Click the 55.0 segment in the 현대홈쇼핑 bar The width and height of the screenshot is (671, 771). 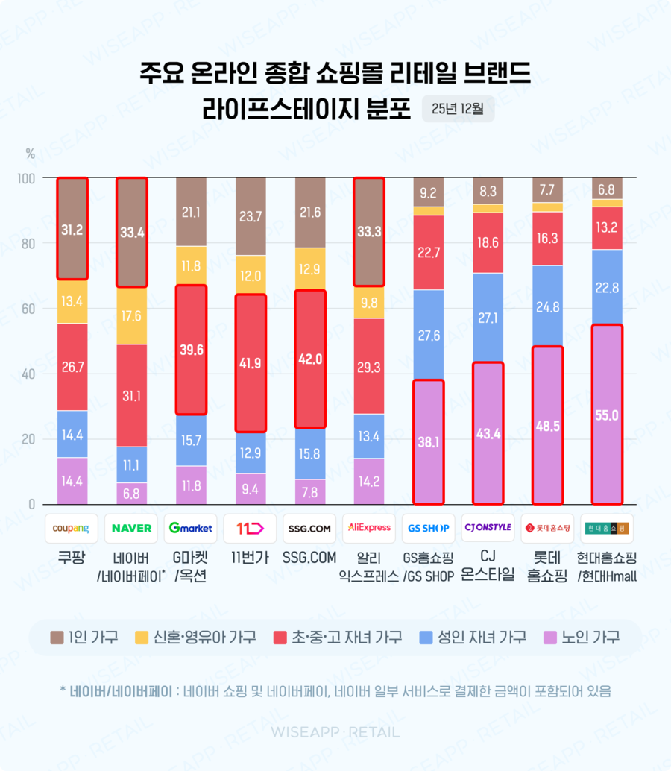point(606,415)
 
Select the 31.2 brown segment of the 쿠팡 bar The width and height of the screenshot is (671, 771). point(72,230)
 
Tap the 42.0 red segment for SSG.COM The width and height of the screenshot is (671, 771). point(310,359)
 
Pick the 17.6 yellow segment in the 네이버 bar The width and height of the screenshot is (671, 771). point(132,315)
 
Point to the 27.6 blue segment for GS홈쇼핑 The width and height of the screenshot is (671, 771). point(428,336)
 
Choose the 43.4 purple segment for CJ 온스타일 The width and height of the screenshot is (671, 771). point(488,433)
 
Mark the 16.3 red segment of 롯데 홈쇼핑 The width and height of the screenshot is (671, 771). point(547,239)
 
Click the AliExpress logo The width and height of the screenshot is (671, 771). point(369,528)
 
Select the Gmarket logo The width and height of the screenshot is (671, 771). point(190,528)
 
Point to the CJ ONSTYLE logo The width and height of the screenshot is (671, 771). point(488,528)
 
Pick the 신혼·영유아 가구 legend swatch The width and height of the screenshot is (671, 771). point(141,637)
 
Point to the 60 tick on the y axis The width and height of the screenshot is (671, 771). point(27,309)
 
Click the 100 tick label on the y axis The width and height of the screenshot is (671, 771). point(25,178)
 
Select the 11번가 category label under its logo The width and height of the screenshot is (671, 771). point(250,557)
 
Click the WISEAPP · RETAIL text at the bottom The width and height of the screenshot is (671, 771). point(335,732)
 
